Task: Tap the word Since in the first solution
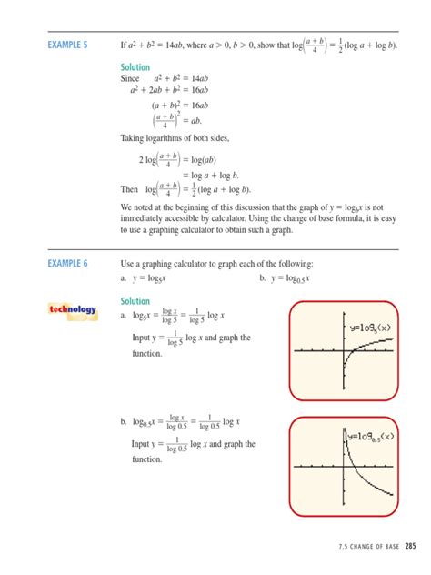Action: tap(132, 79)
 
